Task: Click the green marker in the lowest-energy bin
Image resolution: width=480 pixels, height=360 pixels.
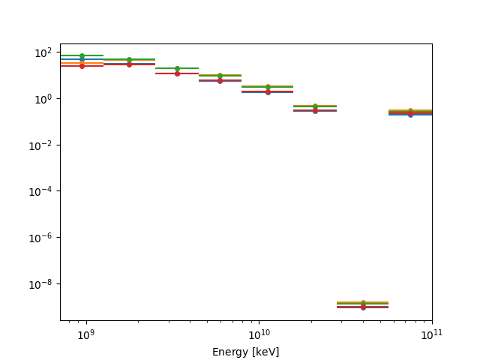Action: [x=82, y=55]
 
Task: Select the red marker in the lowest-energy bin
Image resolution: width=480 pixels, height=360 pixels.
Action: [x=82, y=66]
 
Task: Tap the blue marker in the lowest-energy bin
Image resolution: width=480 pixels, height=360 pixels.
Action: [x=82, y=59]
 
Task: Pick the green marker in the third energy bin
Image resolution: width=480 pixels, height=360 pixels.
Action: [x=177, y=68]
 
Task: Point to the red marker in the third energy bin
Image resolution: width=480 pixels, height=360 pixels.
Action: [x=177, y=73]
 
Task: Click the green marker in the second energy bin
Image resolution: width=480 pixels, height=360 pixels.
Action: [x=129, y=59]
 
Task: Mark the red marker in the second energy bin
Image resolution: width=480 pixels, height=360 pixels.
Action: [x=129, y=64]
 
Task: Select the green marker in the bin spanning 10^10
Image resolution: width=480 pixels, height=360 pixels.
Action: [x=268, y=87]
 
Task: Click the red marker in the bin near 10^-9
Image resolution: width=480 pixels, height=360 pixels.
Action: [x=363, y=307]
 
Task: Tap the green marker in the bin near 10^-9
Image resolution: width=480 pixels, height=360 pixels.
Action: [x=363, y=303]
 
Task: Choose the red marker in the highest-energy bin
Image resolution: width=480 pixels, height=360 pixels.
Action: [x=410, y=112]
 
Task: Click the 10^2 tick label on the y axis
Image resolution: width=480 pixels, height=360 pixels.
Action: [x=43, y=52]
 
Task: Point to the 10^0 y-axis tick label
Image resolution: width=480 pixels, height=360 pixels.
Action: [x=43, y=99]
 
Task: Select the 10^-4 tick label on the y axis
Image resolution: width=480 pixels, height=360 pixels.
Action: [x=42, y=191]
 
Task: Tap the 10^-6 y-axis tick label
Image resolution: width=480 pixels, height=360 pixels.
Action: [x=42, y=238]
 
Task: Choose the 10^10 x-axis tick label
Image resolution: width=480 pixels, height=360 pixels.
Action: [x=259, y=334]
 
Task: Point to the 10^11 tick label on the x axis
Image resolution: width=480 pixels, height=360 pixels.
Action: [x=432, y=334]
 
